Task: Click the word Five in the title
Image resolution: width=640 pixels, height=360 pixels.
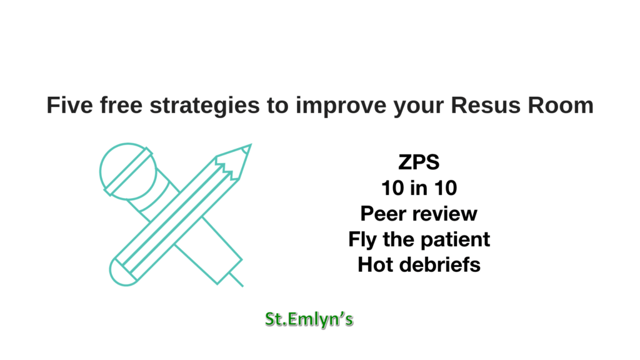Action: tap(70, 105)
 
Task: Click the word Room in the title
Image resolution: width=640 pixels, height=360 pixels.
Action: tap(561, 105)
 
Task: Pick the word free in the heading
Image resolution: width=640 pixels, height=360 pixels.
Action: tap(122, 105)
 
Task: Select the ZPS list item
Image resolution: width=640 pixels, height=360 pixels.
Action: tap(419, 162)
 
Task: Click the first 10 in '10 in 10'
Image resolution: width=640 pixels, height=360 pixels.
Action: tap(392, 188)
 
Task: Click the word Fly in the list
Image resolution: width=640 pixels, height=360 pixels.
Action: tap(362, 240)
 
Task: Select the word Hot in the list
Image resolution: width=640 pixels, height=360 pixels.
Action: tap(376, 265)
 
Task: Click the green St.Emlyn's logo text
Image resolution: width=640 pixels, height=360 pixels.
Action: tap(309, 319)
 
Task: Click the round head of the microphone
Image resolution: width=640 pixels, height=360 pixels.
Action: tap(128, 171)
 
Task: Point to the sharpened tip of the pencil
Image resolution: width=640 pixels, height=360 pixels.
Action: tap(251, 144)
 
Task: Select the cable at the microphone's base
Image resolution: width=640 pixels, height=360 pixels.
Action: tap(236, 279)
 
